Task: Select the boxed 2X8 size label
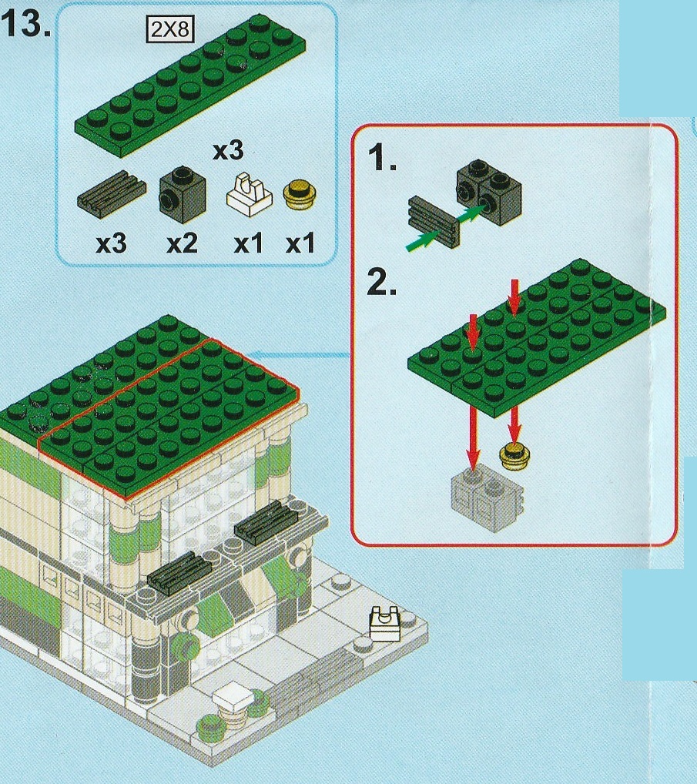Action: [170, 29]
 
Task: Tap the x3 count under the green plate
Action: [228, 150]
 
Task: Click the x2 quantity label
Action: [182, 243]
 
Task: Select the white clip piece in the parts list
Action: [250, 195]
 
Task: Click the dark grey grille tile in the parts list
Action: [112, 195]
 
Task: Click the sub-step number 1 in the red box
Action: [383, 157]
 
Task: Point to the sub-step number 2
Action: [381, 282]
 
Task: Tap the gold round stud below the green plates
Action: [515, 455]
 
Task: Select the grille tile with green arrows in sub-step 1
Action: [434, 221]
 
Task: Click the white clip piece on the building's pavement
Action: [385, 624]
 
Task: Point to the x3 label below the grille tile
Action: [111, 243]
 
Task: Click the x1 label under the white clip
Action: [248, 243]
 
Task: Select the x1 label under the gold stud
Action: [300, 243]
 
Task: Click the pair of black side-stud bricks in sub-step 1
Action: [488, 191]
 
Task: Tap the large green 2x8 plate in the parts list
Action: [190, 84]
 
